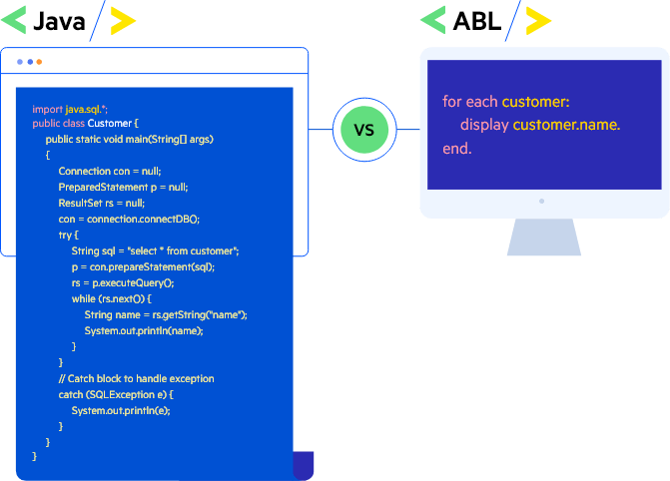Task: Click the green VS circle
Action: tap(364, 130)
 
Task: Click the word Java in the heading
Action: tap(59, 21)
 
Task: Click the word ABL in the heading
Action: tap(476, 21)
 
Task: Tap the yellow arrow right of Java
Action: tap(123, 21)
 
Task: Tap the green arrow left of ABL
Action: tap(432, 21)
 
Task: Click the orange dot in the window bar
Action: tap(39, 62)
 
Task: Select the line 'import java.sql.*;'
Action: tap(70, 108)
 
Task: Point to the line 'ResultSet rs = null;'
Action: tap(101, 203)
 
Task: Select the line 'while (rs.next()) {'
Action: tap(111, 298)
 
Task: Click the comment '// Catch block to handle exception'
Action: tap(136, 378)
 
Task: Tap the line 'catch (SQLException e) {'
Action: tap(115, 394)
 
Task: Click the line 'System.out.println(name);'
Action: tap(144, 330)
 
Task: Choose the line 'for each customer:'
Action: tap(505, 102)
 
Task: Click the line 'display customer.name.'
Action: tap(540, 125)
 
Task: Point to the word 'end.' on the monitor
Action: tap(456, 149)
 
